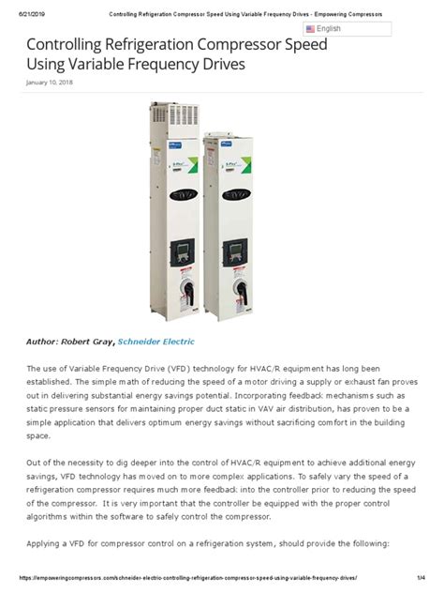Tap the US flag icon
point(310,29)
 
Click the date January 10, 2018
point(50,83)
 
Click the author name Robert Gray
point(90,342)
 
